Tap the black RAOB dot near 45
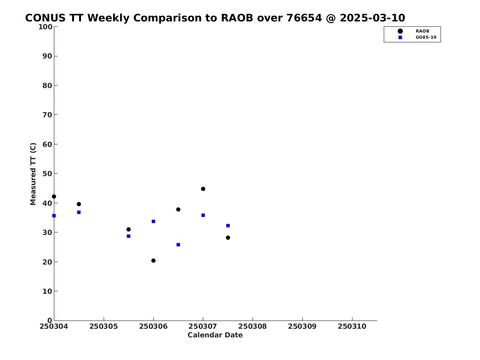203,189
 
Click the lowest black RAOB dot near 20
153,260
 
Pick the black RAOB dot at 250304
54,197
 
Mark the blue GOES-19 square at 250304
54,216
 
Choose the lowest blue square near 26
178,244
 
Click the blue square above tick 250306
153,221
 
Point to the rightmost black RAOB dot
228,237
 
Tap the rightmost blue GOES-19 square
228,225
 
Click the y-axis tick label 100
45,27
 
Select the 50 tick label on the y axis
47,174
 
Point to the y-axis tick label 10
47,291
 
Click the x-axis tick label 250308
253,326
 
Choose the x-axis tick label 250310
352,326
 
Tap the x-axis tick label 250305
104,326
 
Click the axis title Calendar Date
215,335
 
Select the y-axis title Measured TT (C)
33,174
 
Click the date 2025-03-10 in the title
372,18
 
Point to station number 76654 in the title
304,18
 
